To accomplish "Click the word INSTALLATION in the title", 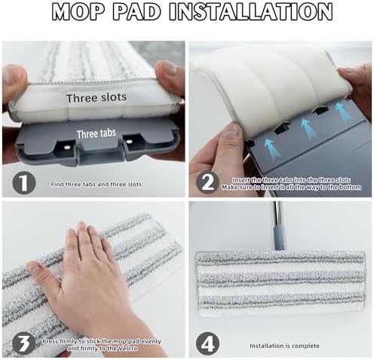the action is [251, 11].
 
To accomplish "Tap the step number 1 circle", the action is [24, 183].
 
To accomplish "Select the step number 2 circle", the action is [207, 183].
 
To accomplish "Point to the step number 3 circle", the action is [24, 343].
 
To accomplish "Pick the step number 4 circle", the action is [207, 343].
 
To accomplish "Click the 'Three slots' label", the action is [97, 97].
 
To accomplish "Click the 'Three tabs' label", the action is [97, 133].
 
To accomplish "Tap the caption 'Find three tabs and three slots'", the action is [96, 185].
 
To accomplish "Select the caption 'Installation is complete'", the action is [284, 346].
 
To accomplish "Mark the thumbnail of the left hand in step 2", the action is [233, 131].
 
